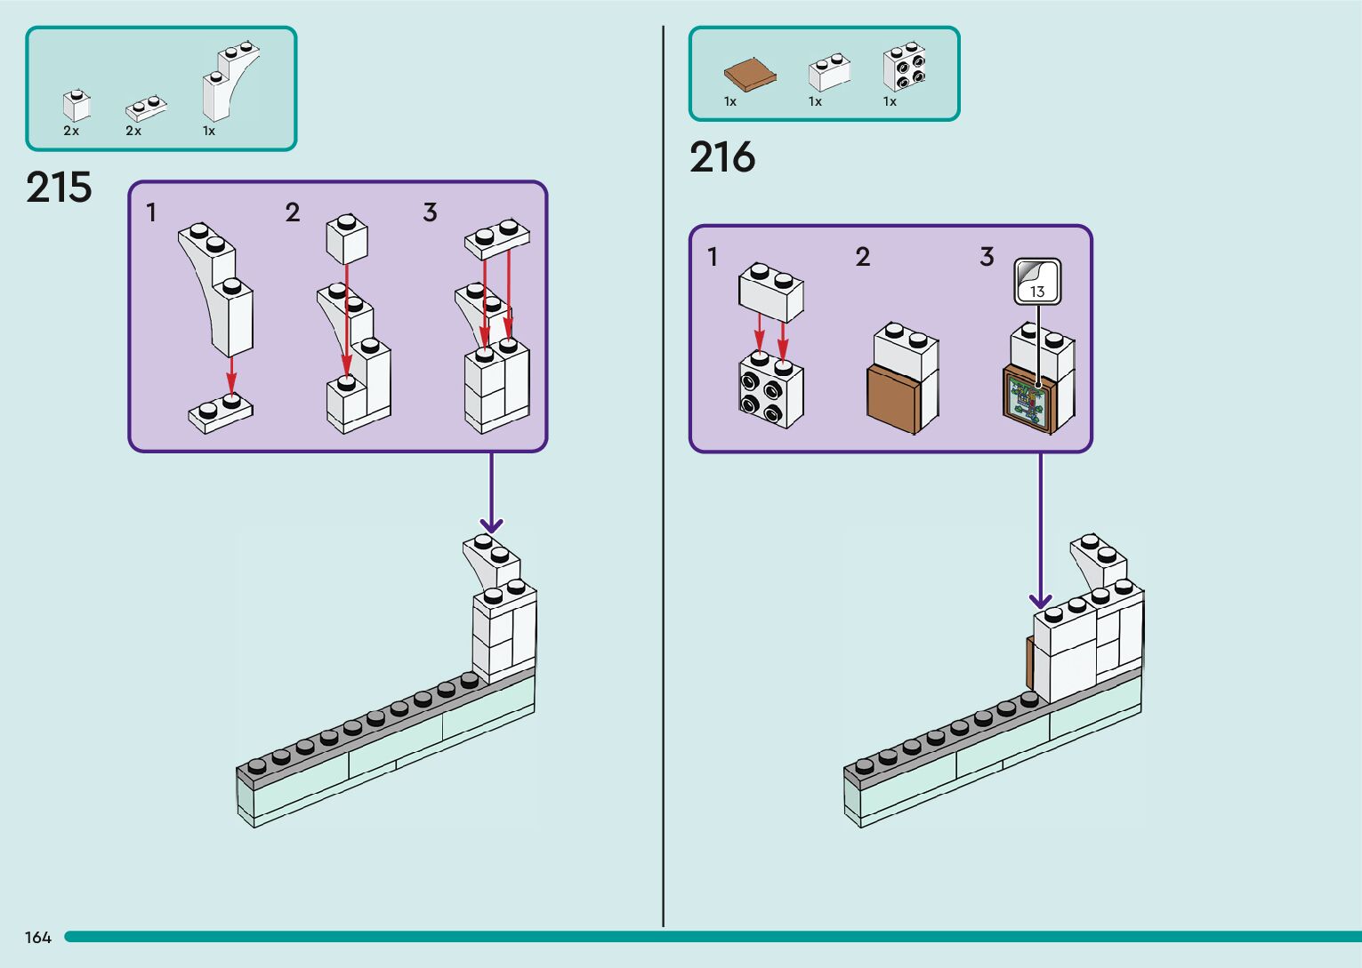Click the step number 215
coord(59,188)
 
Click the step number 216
coord(721,157)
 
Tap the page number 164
coord(38,938)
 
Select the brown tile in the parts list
coord(750,75)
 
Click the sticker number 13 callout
coord(1037,282)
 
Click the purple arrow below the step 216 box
coord(1040,533)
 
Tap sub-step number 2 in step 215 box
coord(293,212)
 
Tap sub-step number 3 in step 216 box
coord(987,257)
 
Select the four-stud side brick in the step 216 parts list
coord(904,67)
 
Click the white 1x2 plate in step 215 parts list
coord(146,108)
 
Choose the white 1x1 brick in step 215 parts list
coord(77,106)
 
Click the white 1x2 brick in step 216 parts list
coord(828,72)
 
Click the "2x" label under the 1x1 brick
coord(71,131)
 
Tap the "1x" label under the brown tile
coord(730,101)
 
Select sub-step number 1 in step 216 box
coord(712,257)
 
